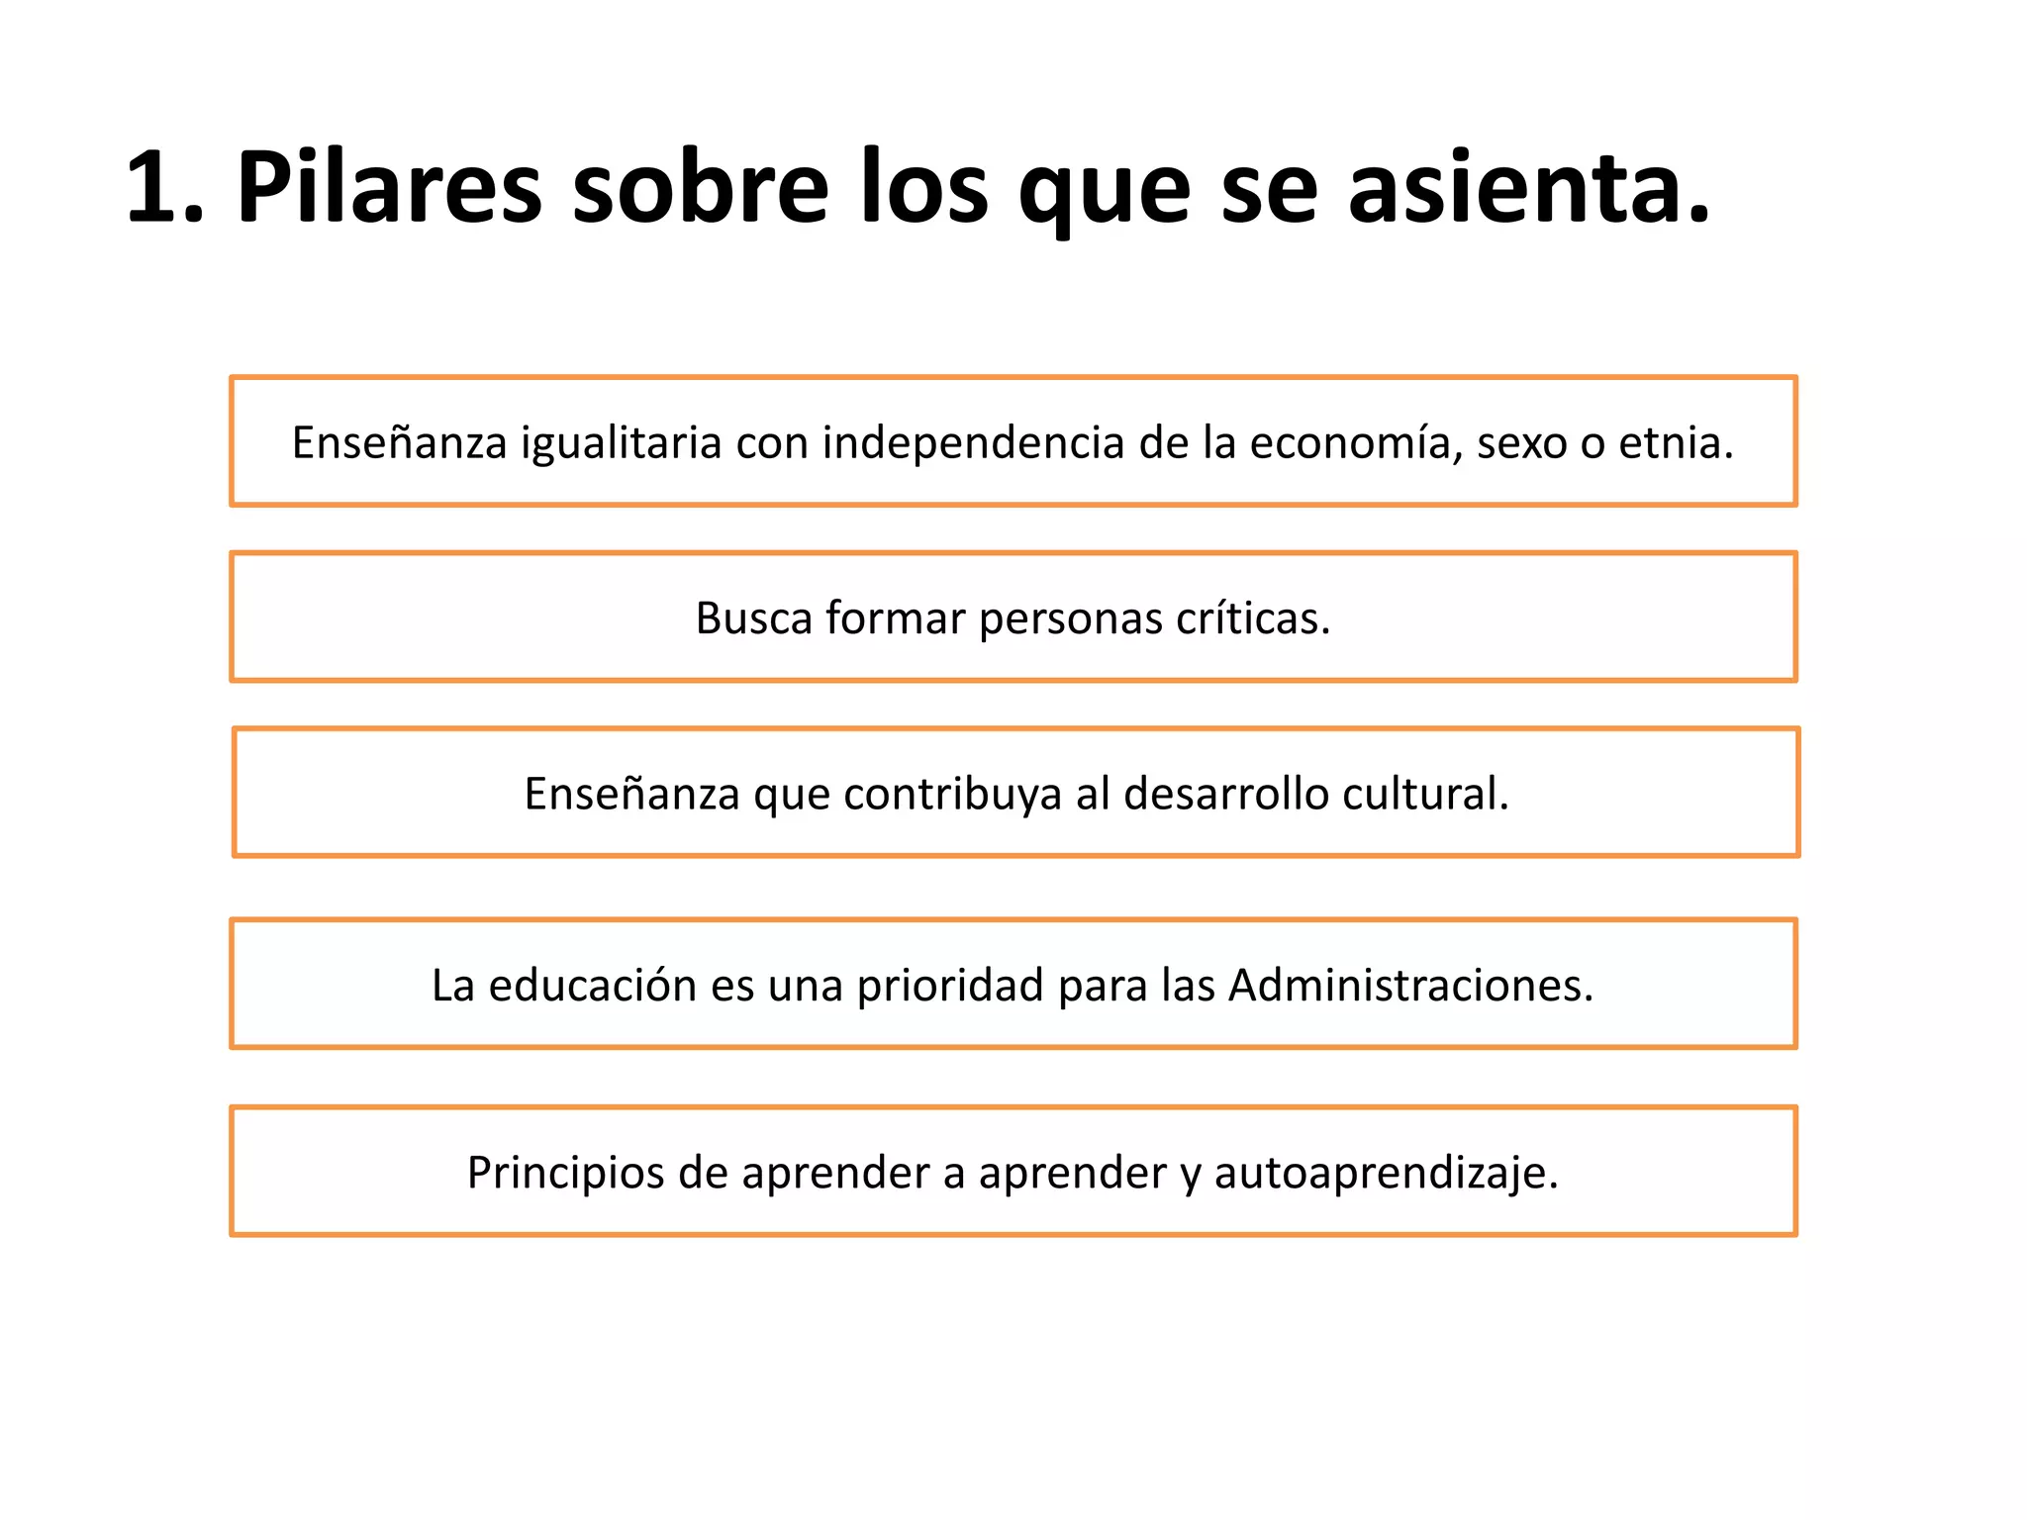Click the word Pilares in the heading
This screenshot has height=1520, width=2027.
[x=389, y=188]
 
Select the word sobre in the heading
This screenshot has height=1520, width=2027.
[x=700, y=188]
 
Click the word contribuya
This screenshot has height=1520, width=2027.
[x=952, y=794]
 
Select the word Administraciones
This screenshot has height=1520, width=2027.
[x=1410, y=986]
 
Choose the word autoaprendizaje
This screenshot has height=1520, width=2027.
[x=1386, y=1173]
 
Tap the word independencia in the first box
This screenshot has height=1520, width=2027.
[x=973, y=442]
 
